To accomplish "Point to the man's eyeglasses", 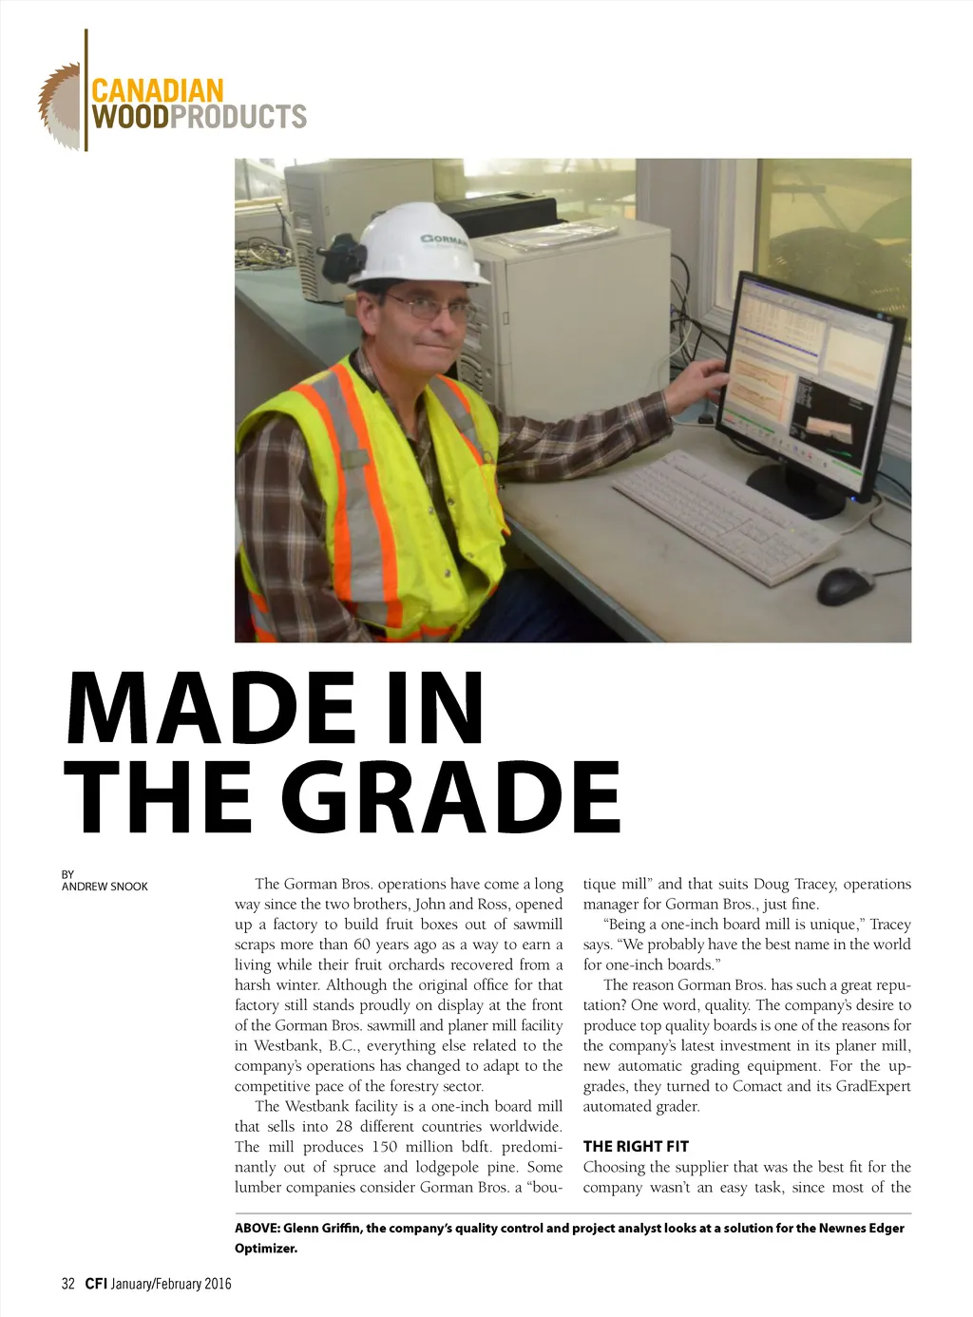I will pyautogui.click(x=429, y=307).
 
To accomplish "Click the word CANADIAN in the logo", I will pyautogui.click(x=157, y=92).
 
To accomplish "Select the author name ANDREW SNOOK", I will pyautogui.click(x=105, y=887).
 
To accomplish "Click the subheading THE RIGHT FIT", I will pyautogui.click(x=636, y=1146).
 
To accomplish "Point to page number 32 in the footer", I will pyautogui.click(x=67, y=1284).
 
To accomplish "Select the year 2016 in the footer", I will pyautogui.click(x=215, y=1284).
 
